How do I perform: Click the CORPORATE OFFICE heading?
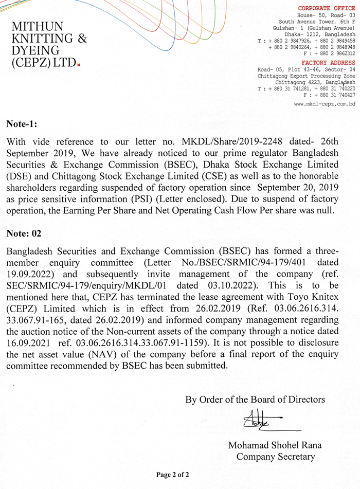(327, 8)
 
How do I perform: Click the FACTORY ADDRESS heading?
(329, 63)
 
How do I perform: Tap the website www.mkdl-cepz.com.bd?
(325, 104)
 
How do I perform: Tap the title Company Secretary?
(276, 457)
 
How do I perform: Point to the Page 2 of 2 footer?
(173, 475)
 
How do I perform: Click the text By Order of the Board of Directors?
(255, 399)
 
